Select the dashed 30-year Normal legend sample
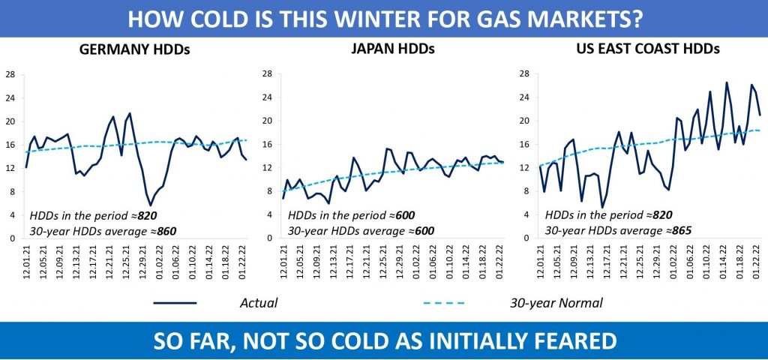(439, 303)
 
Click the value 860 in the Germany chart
(166, 231)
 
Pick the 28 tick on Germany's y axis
(10, 73)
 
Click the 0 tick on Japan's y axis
(268, 238)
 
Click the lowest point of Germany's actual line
(151, 205)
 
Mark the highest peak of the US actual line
(726, 82)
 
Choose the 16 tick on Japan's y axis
(268, 144)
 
